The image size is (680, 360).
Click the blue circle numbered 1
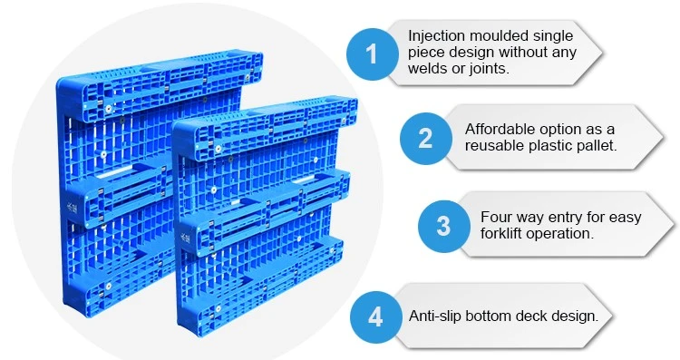tap(372, 54)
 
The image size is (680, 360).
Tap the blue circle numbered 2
tap(426, 139)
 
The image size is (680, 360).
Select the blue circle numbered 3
tap(443, 226)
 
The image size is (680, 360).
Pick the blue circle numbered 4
tap(375, 317)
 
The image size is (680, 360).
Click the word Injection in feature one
tap(436, 36)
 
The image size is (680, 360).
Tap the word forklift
tap(502, 233)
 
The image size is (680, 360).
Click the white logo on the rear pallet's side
tap(71, 207)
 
